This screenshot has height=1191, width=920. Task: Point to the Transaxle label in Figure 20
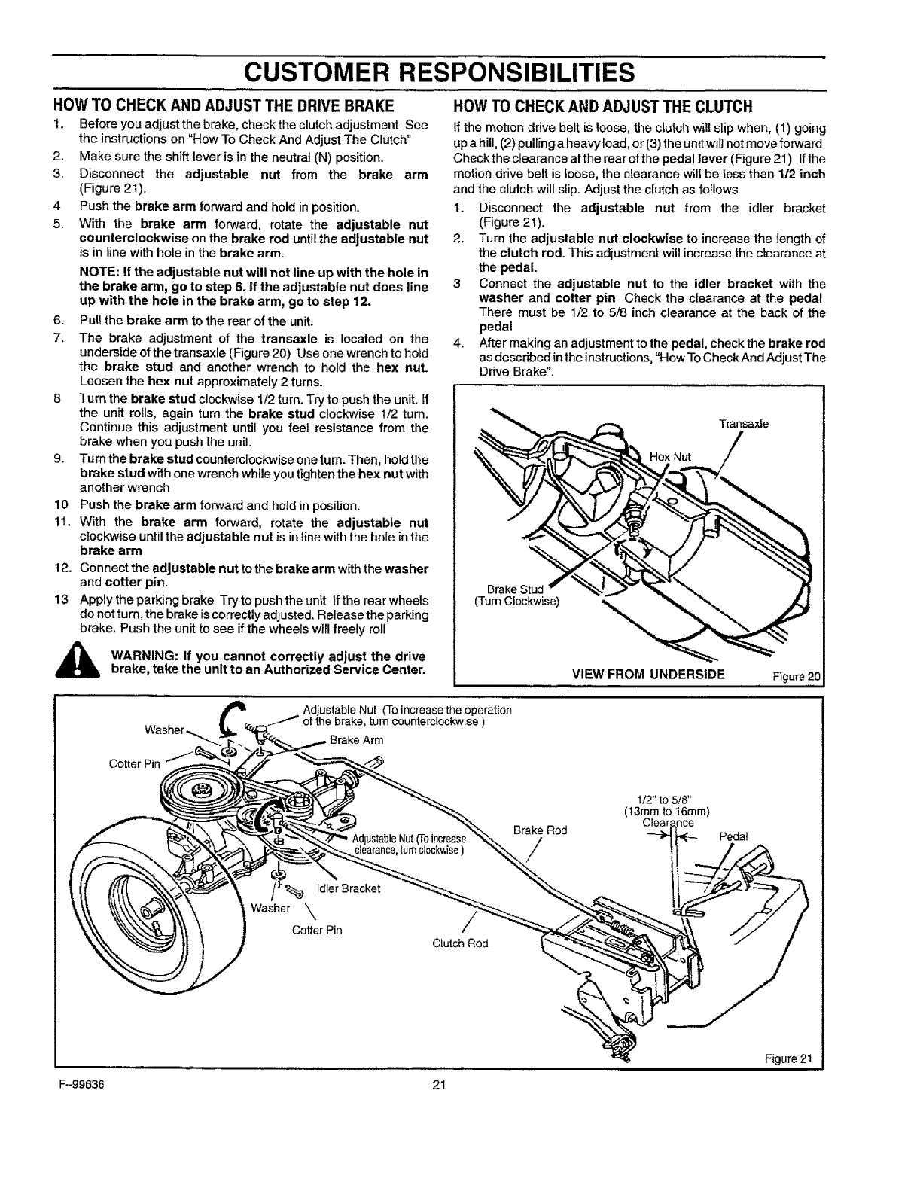[x=744, y=424]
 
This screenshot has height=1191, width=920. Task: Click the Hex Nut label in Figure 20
[x=670, y=456]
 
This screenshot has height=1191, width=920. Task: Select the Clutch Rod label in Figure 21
[x=458, y=943]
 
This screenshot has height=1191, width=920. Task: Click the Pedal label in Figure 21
[x=734, y=836]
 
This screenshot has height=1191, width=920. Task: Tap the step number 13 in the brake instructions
[x=61, y=601]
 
